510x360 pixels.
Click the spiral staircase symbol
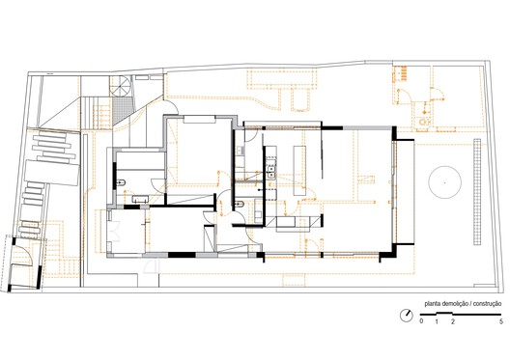[121, 86]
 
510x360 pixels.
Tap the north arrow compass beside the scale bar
[407, 316]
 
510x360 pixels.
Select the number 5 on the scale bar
[501, 321]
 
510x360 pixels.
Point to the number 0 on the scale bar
[421, 321]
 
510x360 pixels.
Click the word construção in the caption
[487, 304]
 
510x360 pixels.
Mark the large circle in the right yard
[445, 182]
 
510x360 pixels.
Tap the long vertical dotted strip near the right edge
[477, 192]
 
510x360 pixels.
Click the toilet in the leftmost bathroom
[121, 182]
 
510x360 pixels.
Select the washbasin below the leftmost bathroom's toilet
[140, 199]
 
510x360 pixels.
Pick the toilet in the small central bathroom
[240, 204]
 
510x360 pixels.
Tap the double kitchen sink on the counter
[270, 172]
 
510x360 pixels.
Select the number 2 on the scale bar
[452, 321]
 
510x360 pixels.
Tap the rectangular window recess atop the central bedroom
[199, 119]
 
